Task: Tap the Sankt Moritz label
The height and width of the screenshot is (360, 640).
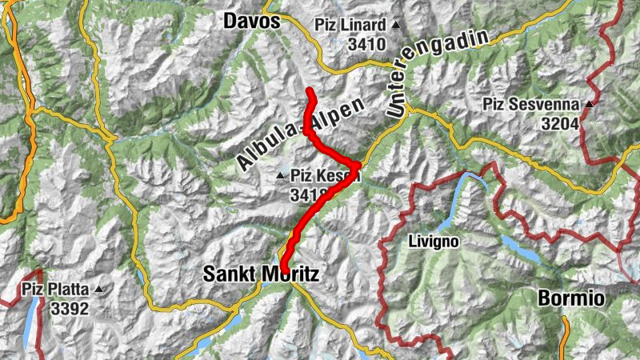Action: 261,274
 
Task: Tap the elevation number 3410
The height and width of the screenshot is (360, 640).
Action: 366,43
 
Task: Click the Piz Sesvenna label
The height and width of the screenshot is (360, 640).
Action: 532,104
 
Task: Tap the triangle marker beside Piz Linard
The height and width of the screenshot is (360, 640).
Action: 395,25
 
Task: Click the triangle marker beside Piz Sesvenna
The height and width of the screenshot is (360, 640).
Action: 589,104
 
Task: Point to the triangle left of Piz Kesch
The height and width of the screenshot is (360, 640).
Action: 280,175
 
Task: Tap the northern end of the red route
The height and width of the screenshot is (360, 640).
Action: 310,89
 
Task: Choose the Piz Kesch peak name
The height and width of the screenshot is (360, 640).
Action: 325,175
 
